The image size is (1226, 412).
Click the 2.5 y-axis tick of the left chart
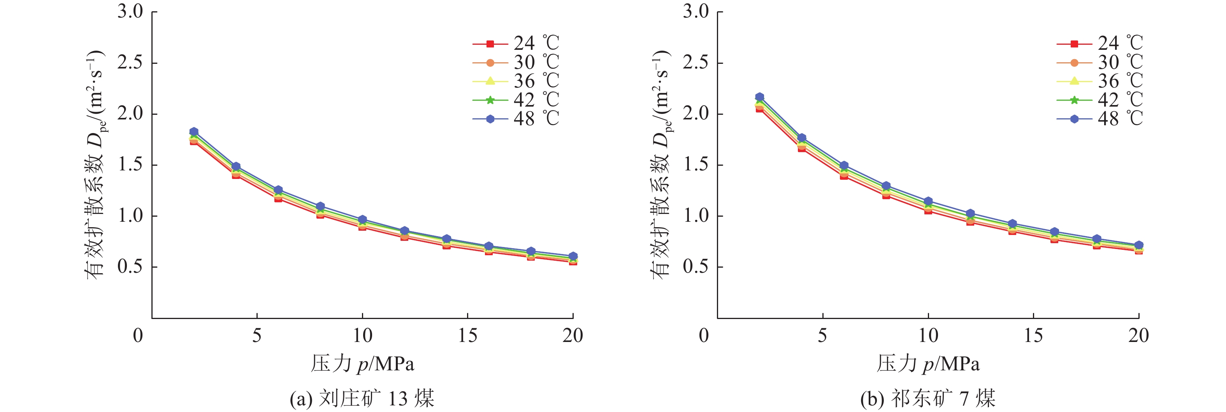[130, 63]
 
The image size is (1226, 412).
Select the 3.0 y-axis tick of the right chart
[696, 12]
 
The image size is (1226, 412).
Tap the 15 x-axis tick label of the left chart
[467, 336]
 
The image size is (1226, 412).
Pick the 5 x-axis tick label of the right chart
[822, 336]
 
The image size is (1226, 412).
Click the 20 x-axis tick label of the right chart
[1138, 336]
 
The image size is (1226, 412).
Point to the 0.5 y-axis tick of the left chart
[130, 267]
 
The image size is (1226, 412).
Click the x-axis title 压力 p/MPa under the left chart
[362, 364]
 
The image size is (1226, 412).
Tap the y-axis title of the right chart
[660, 164]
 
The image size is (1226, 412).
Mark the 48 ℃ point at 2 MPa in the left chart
[194, 131]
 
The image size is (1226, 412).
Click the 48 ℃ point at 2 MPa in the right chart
[760, 96]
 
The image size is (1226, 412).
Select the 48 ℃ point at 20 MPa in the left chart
[573, 256]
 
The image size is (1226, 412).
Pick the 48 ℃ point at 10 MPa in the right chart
[928, 201]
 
